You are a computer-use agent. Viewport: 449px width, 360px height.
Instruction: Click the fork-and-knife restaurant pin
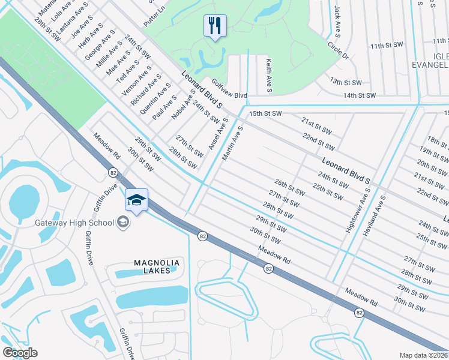point(215,25)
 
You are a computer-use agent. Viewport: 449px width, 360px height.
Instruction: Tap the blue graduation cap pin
point(136,200)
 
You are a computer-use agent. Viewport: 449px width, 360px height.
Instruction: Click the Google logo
point(20,353)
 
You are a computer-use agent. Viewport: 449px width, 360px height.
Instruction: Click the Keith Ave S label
point(269,76)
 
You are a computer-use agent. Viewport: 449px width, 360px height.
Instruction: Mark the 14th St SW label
point(360,95)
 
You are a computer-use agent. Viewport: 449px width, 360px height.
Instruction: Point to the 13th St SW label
point(345,82)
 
